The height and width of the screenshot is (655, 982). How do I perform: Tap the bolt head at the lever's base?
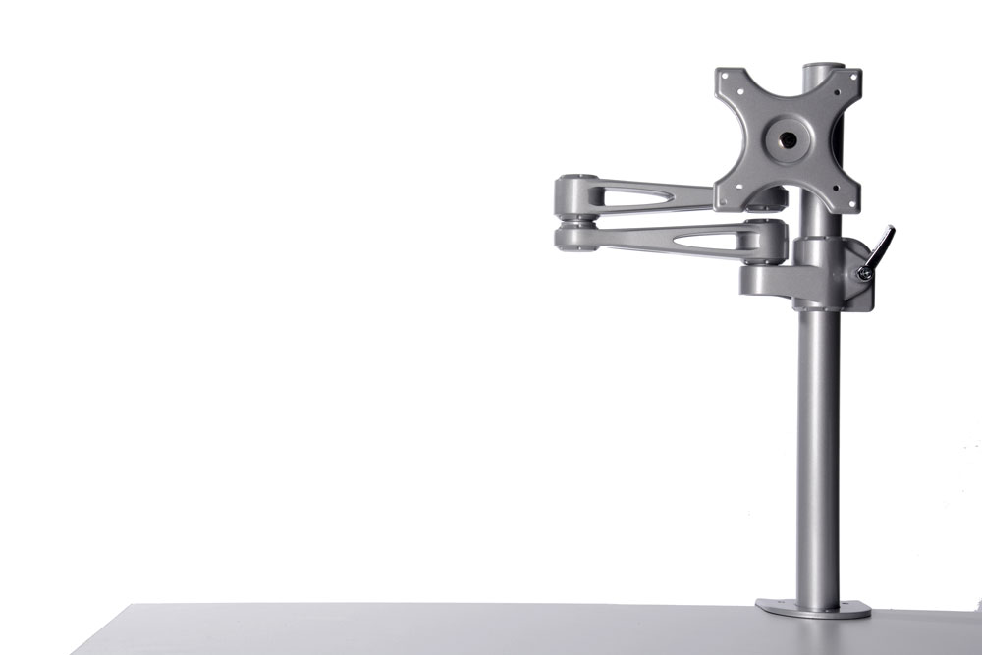click(864, 274)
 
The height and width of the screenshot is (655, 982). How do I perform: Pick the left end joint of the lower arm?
click(573, 238)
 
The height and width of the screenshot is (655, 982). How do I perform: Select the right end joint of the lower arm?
click(767, 239)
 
